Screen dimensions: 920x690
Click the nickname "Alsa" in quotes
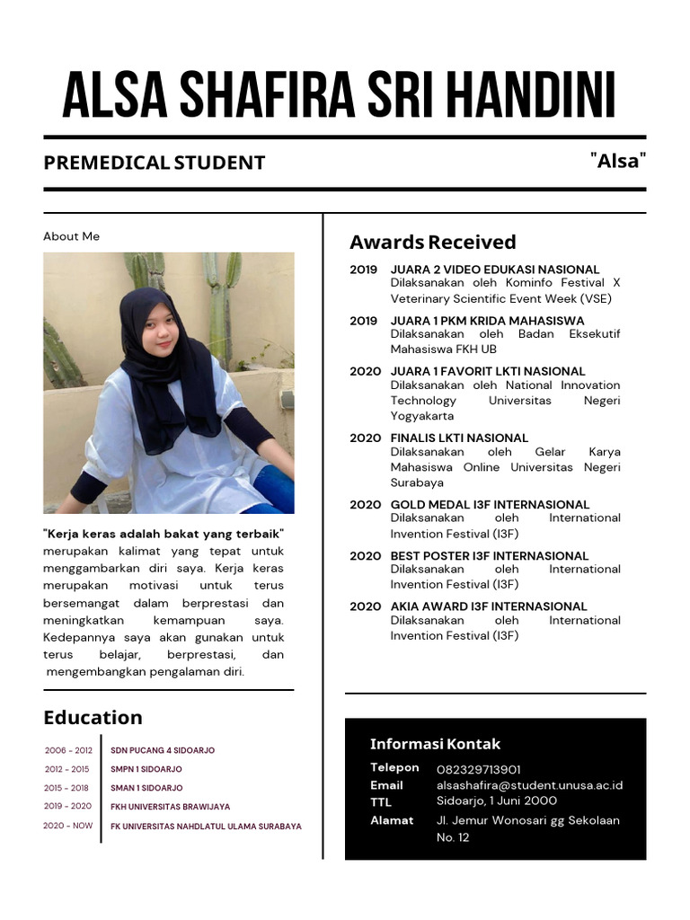point(618,161)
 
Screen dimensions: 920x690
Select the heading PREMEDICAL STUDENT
point(155,163)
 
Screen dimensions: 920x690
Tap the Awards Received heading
point(432,242)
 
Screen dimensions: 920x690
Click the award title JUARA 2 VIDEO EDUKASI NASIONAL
point(494,270)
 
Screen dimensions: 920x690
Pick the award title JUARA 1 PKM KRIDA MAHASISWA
point(487,321)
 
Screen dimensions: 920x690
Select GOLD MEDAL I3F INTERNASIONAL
point(490,505)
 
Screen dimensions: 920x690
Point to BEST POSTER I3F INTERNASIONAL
point(489,556)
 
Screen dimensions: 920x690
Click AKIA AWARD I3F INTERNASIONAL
point(488,606)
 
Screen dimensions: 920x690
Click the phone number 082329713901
point(479,770)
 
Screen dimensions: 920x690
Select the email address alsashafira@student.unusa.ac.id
point(529,785)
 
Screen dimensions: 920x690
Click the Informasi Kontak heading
point(435,744)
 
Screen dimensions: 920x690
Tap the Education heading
point(93,717)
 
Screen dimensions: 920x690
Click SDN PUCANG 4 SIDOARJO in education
point(163,750)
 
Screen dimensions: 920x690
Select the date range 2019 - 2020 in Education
point(68,806)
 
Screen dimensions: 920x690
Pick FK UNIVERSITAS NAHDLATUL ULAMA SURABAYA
point(206,827)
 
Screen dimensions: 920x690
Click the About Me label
point(71,236)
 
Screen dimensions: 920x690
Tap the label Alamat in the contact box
point(392,820)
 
